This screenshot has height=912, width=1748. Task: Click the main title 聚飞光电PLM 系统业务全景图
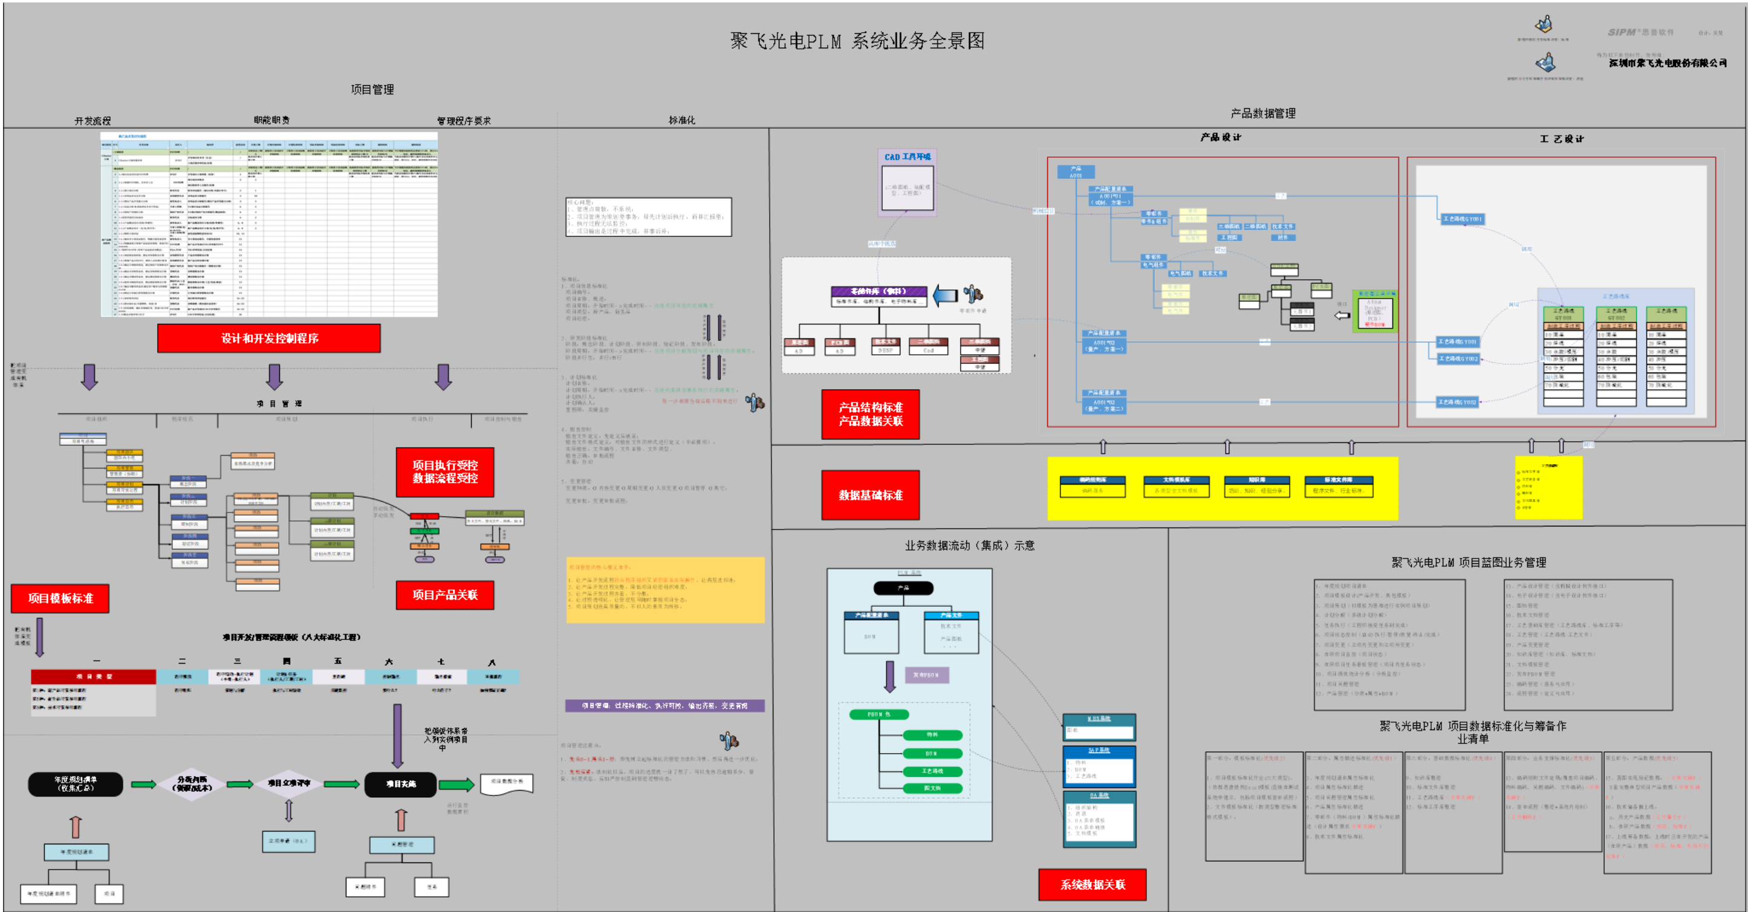tap(857, 40)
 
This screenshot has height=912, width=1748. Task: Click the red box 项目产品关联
tap(444, 595)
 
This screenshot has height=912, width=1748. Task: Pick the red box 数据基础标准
tap(870, 495)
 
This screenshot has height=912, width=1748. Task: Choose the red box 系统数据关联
tap(1092, 884)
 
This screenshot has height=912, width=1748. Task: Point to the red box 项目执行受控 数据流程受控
tap(444, 472)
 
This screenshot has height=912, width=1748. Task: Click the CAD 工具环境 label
tap(907, 157)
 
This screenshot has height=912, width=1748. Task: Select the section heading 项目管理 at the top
tap(372, 89)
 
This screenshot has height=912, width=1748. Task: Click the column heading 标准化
tap(681, 120)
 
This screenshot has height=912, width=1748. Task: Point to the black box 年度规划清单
tap(76, 784)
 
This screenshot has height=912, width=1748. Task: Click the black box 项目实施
tap(400, 784)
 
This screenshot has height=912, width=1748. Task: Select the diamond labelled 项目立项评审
tap(288, 783)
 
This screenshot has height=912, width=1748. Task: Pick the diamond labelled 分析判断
tap(193, 784)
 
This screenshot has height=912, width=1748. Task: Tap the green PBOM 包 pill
tap(878, 714)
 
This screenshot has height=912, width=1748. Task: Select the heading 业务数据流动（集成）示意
tap(969, 545)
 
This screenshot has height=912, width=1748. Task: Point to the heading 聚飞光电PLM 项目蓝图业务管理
tap(1469, 562)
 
